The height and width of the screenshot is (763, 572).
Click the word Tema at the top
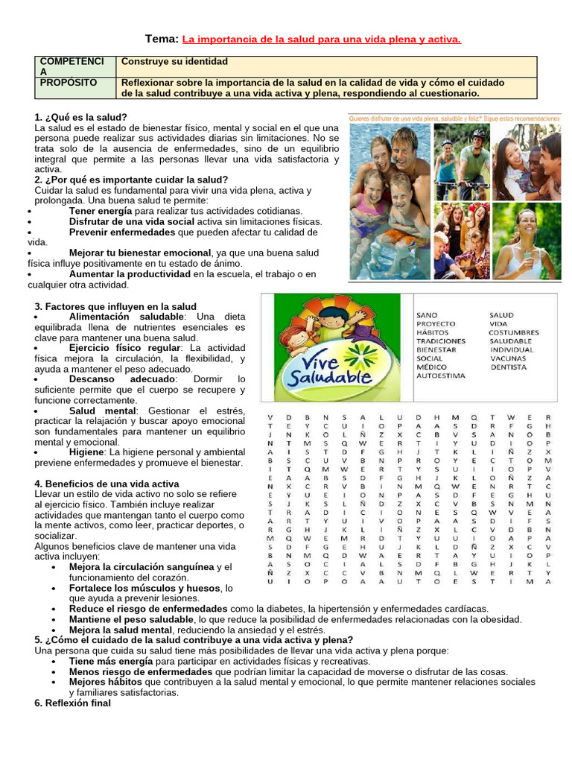coord(160,39)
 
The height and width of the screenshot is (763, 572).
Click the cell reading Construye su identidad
coord(174,61)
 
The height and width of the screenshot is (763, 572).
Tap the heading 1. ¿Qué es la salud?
coord(80,118)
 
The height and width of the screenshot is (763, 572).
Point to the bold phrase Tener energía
coord(101,212)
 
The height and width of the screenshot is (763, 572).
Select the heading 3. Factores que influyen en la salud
coord(115,306)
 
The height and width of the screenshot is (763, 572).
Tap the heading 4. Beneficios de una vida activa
coord(107,484)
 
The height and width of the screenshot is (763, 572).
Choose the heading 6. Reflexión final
coord(72,703)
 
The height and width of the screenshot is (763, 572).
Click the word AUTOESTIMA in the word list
coord(441,376)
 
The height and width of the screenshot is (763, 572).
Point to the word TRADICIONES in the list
coord(440,341)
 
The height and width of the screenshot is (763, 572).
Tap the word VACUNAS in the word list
coord(507,358)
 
